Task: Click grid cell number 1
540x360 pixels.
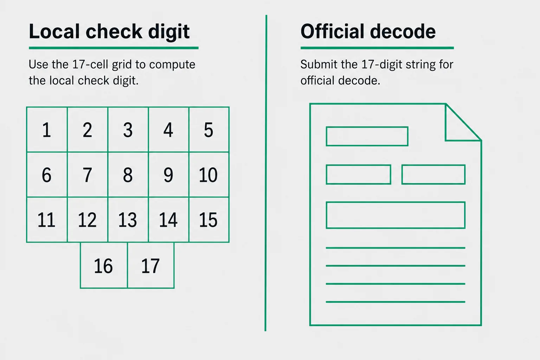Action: click(x=47, y=129)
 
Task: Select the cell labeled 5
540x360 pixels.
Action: click(x=209, y=129)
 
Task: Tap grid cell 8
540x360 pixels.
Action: click(x=128, y=175)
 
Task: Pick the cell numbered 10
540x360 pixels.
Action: click(x=209, y=175)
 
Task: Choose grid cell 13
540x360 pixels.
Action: click(x=128, y=220)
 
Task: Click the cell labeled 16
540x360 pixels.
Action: click(x=104, y=265)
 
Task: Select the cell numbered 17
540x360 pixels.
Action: click(x=151, y=265)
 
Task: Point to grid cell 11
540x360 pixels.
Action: click(x=47, y=220)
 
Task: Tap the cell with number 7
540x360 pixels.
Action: click(x=88, y=175)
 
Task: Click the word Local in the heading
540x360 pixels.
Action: click(x=54, y=31)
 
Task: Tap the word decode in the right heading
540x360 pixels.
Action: click(x=403, y=31)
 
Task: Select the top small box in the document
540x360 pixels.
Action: click(x=367, y=127)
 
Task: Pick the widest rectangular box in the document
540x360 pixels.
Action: click(x=396, y=202)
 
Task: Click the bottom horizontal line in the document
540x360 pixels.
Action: click(x=396, y=302)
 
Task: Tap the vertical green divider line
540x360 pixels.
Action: click(x=266, y=173)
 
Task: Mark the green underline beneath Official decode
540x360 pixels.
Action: click(x=377, y=48)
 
